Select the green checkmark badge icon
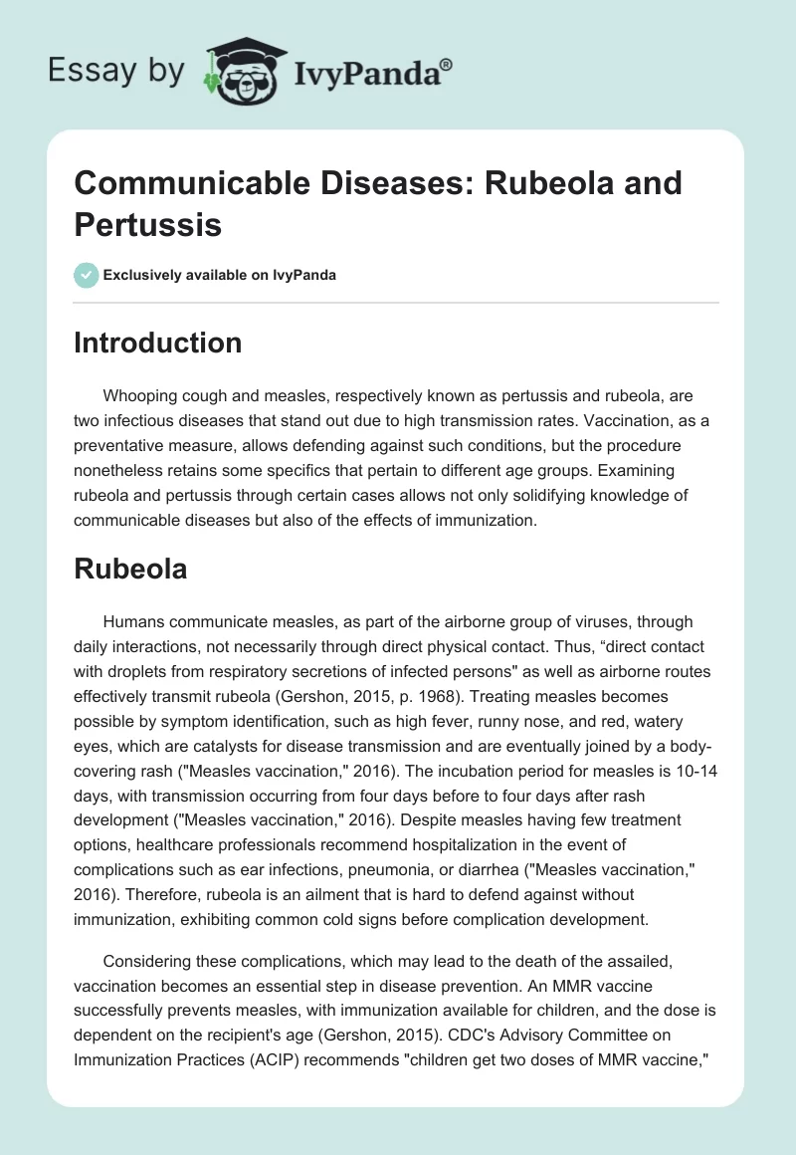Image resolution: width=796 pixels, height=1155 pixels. (x=86, y=275)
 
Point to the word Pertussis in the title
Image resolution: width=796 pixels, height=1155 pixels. (x=147, y=224)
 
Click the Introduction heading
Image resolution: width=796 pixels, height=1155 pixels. (x=158, y=343)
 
